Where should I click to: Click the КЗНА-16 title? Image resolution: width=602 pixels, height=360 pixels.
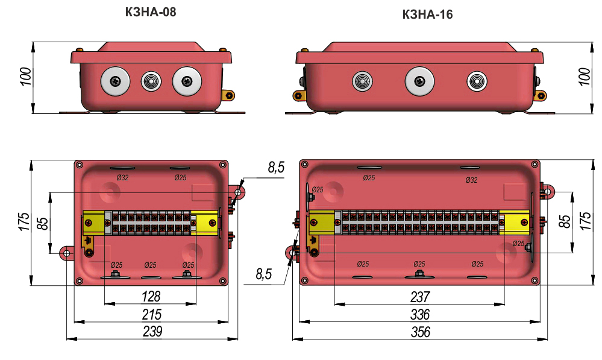pos(427,14)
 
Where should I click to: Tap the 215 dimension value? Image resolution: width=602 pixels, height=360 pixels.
pos(151,314)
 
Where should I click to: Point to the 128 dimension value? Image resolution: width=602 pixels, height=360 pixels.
pos(151,297)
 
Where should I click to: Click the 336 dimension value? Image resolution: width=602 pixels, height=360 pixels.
pos(419,314)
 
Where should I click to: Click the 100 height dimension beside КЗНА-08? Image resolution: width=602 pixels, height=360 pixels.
pos(25,77)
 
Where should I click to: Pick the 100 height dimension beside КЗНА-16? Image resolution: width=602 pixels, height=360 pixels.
pos(583,77)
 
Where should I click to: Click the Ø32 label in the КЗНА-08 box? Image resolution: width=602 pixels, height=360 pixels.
pos(122,177)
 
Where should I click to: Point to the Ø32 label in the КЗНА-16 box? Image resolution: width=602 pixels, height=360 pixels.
pos(471,180)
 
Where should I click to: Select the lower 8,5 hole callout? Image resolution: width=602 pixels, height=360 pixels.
pos(263,275)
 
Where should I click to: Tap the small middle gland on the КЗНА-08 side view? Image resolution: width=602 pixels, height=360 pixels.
pos(150,81)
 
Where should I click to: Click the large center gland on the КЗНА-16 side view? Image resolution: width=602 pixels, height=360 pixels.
pos(420,81)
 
